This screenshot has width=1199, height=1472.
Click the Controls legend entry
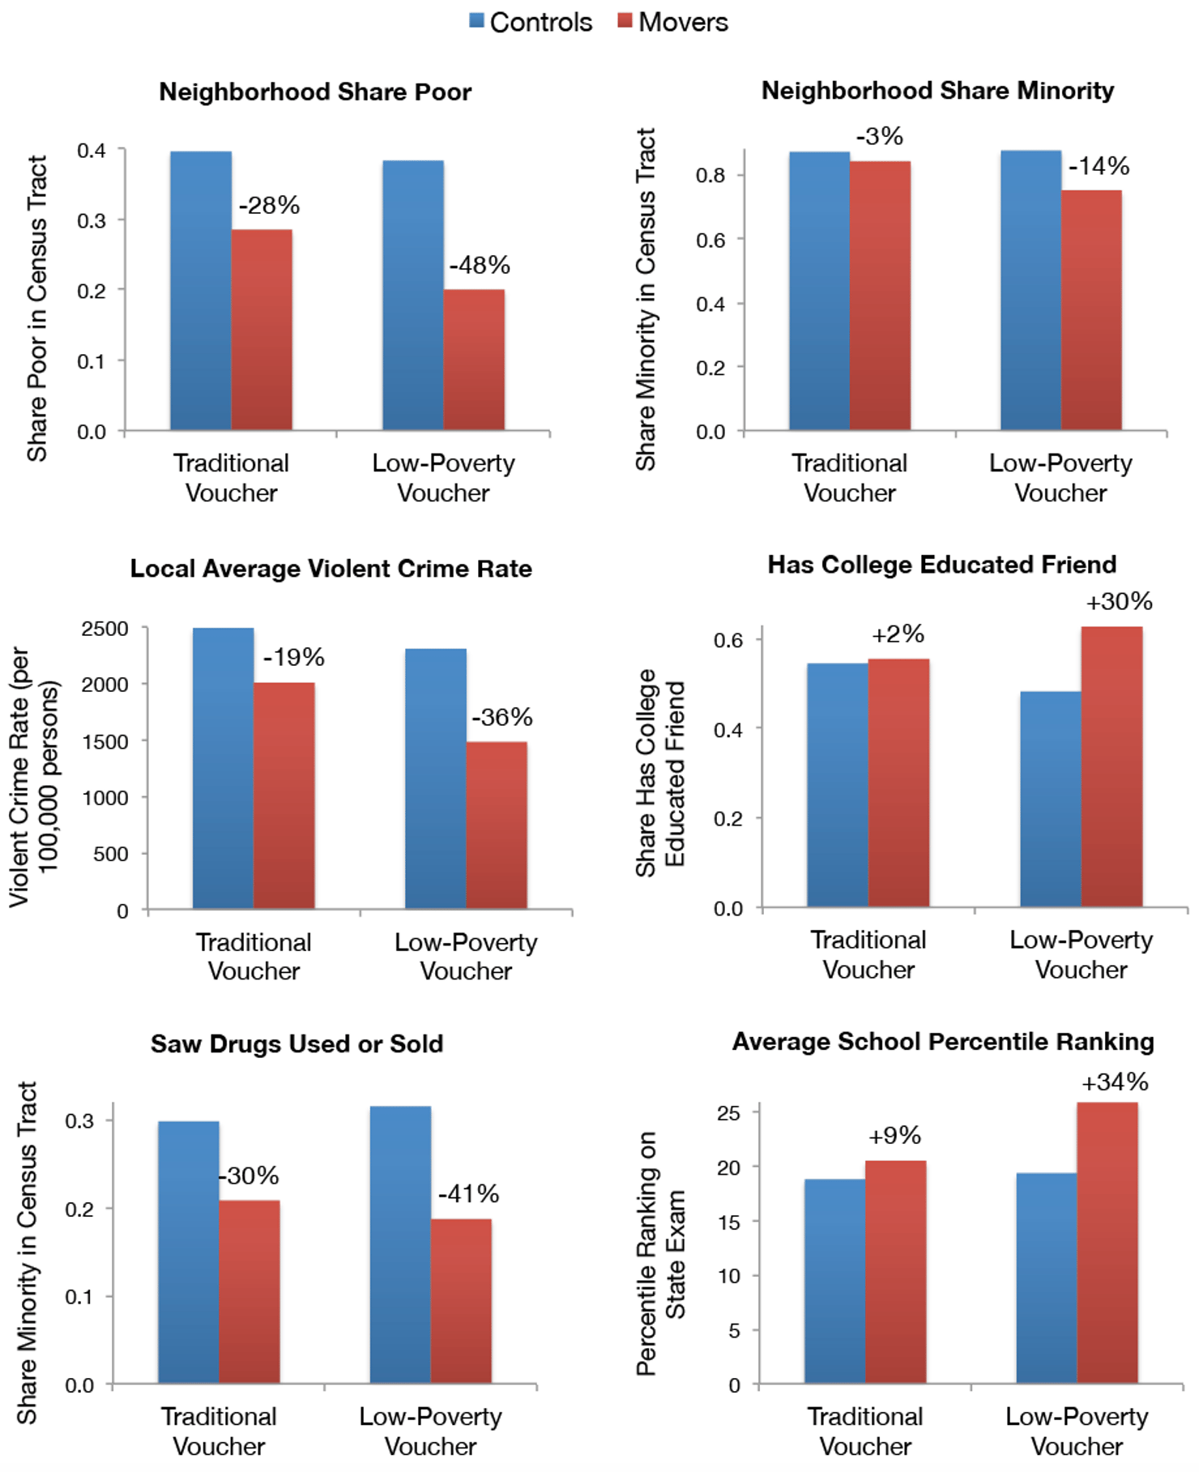[x=531, y=22]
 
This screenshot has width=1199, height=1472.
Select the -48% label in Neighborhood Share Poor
[x=480, y=265]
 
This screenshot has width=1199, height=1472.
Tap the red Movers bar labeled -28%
[x=262, y=330]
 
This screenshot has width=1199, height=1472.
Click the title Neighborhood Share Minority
[x=937, y=91]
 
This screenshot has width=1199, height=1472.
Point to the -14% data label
[x=1099, y=167]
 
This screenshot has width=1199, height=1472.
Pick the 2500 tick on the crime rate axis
[x=105, y=629]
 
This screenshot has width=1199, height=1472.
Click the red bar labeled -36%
[x=496, y=825]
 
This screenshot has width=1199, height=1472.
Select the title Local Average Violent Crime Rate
[x=331, y=569]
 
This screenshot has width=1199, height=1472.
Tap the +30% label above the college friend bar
[x=1119, y=602]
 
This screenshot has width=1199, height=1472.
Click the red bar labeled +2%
[x=898, y=783]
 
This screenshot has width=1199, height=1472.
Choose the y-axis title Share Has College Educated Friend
[x=659, y=774]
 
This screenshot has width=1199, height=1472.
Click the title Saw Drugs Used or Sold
[x=297, y=1043]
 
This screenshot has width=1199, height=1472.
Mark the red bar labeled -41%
[x=460, y=1300]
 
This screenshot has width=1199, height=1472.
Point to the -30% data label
[x=250, y=1175]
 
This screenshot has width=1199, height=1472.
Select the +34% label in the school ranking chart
[x=1115, y=1082]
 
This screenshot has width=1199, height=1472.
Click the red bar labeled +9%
[x=895, y=1271]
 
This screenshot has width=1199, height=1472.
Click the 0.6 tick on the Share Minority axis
[x=710, y=241]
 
